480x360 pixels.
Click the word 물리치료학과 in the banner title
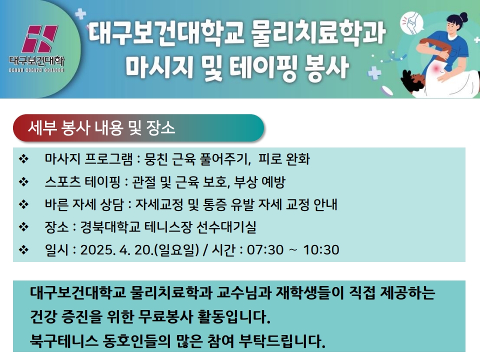tap(318, 32)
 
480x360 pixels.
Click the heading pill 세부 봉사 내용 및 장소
tap(138, 127)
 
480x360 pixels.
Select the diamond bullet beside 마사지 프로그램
tap(23, 159)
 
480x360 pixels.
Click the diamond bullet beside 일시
tap(23, 250)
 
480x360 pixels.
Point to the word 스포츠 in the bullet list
tap(63, 182)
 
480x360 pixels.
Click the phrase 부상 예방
tap(259, 182)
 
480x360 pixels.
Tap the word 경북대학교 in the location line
tap(110, 227)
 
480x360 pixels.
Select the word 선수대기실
tap(226, 227)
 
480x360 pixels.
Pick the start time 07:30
tap(265, 250)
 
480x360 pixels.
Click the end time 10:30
tap(321, 250)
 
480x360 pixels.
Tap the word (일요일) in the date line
tap(176, 250)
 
